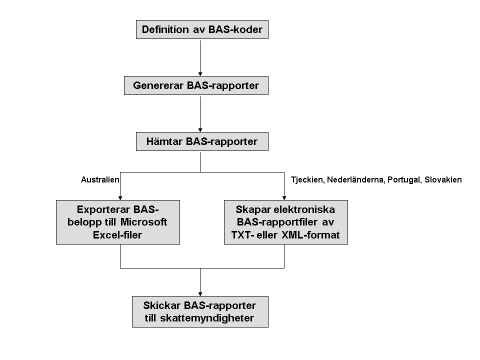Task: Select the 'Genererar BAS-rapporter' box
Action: [196, 85]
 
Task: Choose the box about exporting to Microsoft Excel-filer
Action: [117, 222]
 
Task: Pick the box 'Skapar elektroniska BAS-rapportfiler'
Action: [285, 222]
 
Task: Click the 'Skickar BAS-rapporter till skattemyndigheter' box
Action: [200, 311]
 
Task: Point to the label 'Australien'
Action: [100, 179]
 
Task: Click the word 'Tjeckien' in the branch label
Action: [307, 179]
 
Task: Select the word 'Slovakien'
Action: [443, 179]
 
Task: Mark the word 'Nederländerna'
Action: [355, 179]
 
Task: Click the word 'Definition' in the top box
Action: [165, 29]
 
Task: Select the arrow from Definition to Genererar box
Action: [200, 57]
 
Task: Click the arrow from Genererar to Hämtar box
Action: [200, 113]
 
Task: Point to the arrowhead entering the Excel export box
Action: [120, 197]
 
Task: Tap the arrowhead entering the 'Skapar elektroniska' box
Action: [284, 197]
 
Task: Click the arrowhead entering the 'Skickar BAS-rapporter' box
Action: [200, 293]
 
